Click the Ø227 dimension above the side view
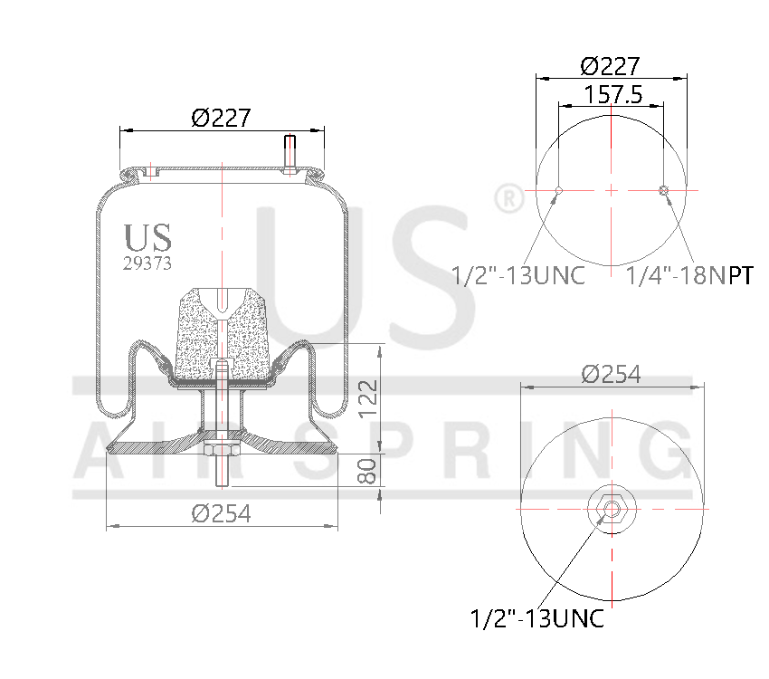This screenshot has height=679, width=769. (x=221, y=118)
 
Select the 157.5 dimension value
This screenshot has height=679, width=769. (x=612, y=94)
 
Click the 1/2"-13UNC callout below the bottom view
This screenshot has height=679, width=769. (x=537, y=620)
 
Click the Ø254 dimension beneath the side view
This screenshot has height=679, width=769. (x=221, y=513)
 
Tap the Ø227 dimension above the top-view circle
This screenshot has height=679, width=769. (x=611, y=66)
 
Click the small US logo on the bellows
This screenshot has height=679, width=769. (x=147, y=237)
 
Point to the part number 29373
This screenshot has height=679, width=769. (x=147, y=263)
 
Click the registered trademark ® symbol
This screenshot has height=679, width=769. (x=508, y=196)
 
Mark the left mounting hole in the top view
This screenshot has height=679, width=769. (x=559, y=190)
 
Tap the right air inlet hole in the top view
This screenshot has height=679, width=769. (x=665, y=190)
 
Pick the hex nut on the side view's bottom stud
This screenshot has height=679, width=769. (x=221, y=451)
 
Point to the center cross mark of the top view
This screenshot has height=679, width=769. (x=612, y=190)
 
